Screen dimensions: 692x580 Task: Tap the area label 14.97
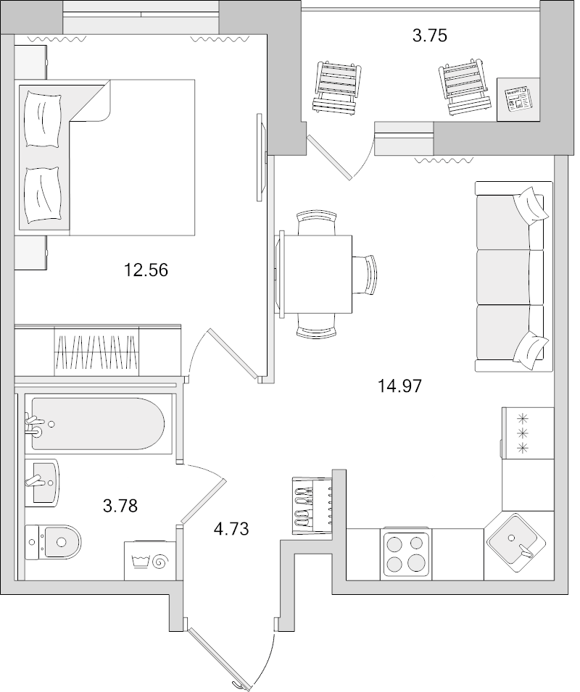pyautogui.click(x=399, y=385)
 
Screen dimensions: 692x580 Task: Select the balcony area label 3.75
pyautogui.click(x=428, y=36)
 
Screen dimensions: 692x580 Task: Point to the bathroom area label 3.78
pyautogui.click(x=120, y=505)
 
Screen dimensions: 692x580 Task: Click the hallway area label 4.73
pyautogui.click(x=231, y=529)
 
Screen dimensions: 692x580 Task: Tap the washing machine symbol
pyautogui.click(x=149, y=560)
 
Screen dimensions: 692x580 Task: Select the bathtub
pyautogui.click(x=98, y=422)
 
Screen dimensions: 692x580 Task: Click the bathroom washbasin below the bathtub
pyautogui.click(x=44, y=483)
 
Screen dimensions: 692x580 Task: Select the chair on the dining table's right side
pyautogui.click(x=365, y=274)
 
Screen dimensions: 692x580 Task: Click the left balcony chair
pyautogui.click(x=337, y=86)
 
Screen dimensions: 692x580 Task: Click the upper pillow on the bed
pyautogui.click(x=42, y=115)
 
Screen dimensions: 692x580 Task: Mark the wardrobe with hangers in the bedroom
pyautogui.click(x=96, y=350)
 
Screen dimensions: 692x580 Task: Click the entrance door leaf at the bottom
pyautogui.click(x=218, y=659)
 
